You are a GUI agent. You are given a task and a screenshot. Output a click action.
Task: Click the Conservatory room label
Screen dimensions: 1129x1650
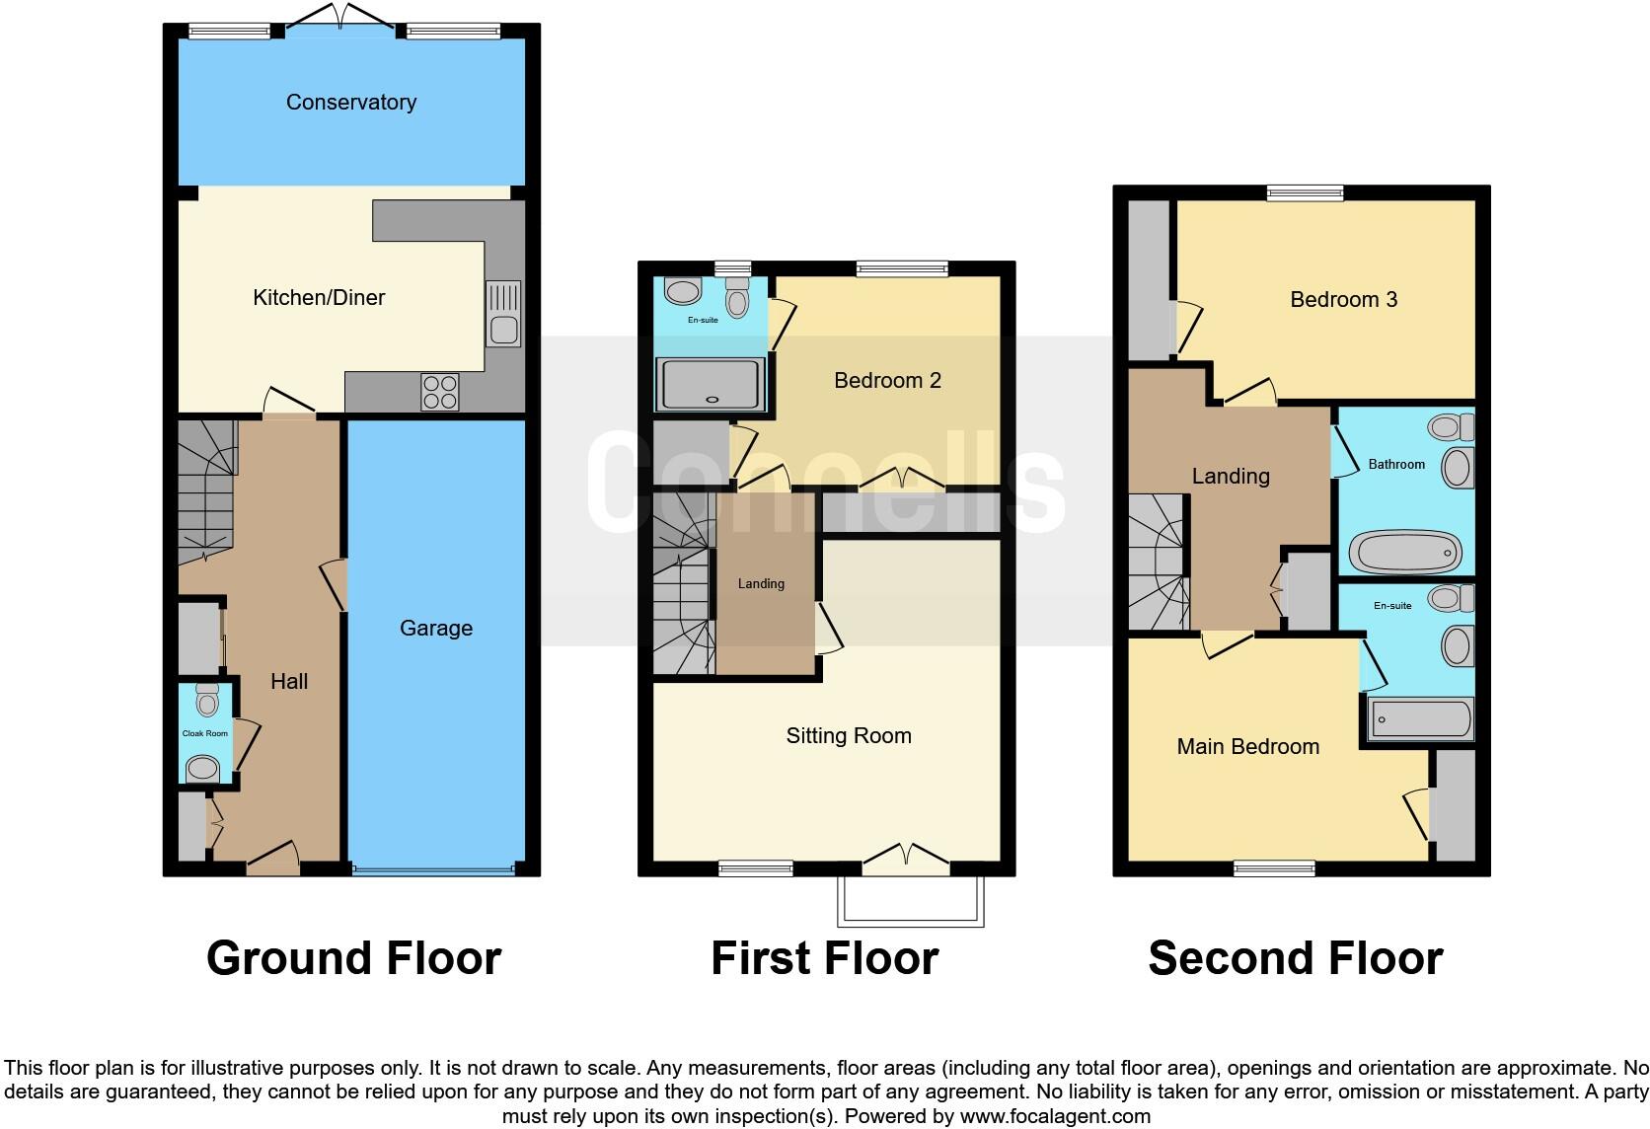[x=350, y=102]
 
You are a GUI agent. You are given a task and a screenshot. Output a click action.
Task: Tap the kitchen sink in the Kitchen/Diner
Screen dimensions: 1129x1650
[x=503, y=314]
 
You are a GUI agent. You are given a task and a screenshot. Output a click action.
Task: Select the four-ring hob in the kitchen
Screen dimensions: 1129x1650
[x=439, y=392]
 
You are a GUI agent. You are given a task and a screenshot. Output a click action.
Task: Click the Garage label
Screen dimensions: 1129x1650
[x=435, y=628]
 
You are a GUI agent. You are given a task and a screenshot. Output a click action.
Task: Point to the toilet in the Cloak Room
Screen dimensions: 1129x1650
[x=206, y=700]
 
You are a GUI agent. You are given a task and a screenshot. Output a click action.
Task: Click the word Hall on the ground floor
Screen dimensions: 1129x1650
[x=289, y=681]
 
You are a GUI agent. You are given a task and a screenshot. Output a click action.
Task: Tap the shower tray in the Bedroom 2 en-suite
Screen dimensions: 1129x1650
[x=710, y=384]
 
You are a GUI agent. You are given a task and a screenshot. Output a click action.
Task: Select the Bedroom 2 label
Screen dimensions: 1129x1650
[x=887, y=380]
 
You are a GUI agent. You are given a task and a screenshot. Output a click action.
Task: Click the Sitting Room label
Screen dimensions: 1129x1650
[x=848, y=735]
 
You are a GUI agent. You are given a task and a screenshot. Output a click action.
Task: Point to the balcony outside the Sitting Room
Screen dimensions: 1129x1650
[x=910, y=900]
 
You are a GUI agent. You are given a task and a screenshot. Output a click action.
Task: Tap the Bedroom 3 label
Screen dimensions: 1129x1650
[x=1343, y=299]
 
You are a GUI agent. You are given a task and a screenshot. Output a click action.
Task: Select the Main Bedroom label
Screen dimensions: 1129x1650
[x=1247, y=746]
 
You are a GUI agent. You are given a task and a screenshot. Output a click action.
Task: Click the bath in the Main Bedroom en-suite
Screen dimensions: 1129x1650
[x=1420, y=718]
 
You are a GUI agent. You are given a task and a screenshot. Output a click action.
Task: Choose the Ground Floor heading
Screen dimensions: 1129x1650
[x=353, y=958]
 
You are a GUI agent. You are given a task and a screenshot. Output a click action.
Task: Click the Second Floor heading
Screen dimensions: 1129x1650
[x=1295, y=958]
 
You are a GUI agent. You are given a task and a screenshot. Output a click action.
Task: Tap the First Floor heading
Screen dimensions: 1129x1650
[x=824, y=958]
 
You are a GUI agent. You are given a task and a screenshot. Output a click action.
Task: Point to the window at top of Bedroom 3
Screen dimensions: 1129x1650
[x=1305, y=192]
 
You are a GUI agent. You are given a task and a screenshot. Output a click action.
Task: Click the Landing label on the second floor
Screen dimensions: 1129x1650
[x=1230, y=476]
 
